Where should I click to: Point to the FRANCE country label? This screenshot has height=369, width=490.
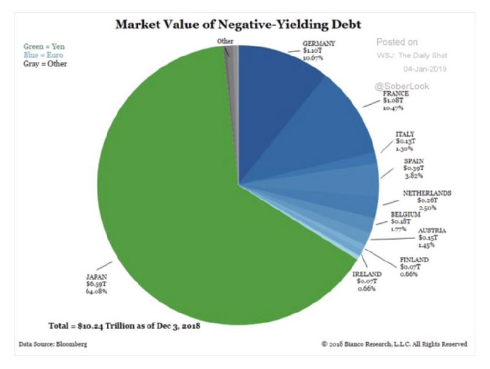(396, 93)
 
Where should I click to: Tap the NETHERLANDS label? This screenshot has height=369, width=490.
(427, 193)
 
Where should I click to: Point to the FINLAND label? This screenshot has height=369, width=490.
(415, 259)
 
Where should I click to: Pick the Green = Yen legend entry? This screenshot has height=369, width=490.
(44, 45)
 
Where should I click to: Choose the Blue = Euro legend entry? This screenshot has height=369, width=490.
(45, 54)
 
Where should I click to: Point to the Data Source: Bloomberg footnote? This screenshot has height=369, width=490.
(51, 344)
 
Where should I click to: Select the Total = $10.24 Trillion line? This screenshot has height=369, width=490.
(126, 325)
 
